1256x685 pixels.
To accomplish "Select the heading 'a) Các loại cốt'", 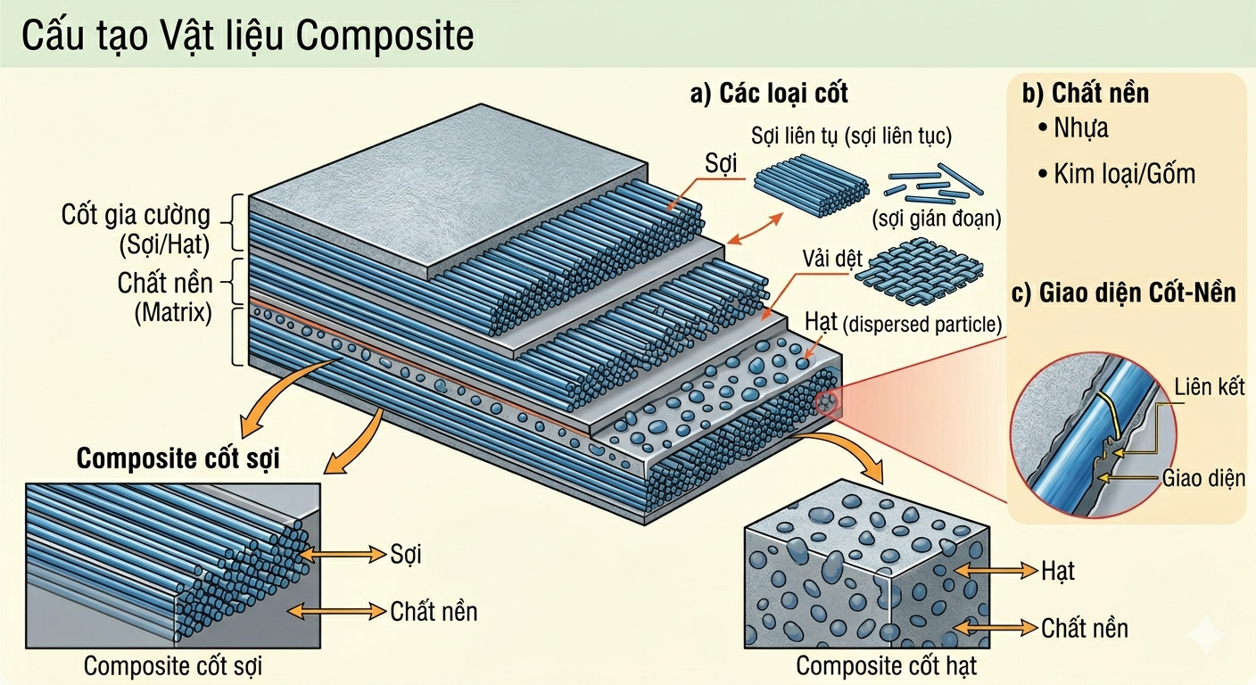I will pyautogui.click(x=769, y=93).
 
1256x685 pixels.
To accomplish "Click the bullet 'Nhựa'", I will pyautogui.click(x=1080, y=128).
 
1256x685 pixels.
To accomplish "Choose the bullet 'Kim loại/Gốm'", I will pyautogui.click(x=1123, y=173).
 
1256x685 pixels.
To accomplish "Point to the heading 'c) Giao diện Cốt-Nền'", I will pyautogui.click(x=1124, y=293).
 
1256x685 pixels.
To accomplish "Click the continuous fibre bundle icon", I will pyautogui.click(x=810, y=182).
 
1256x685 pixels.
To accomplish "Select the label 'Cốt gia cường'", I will pyautogui.click(x=136, y=215).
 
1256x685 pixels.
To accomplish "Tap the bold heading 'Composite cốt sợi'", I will pyautogui.click(x=178, y=458).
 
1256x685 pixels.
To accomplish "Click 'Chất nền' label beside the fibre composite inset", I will pyautogui.click(x=434, y=611).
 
